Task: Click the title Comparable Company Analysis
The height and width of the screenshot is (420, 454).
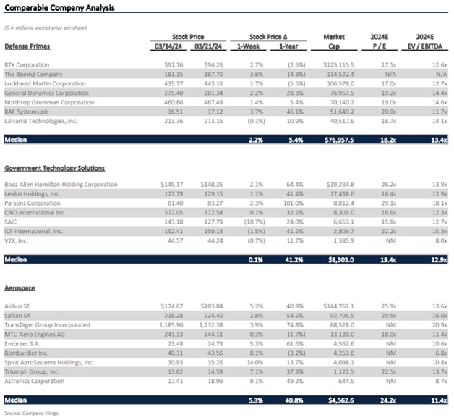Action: (x=59, y=8)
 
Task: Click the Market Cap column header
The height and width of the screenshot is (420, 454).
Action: (x=335, y=40)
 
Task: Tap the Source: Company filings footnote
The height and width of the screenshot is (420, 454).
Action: (x=32, y=413)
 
